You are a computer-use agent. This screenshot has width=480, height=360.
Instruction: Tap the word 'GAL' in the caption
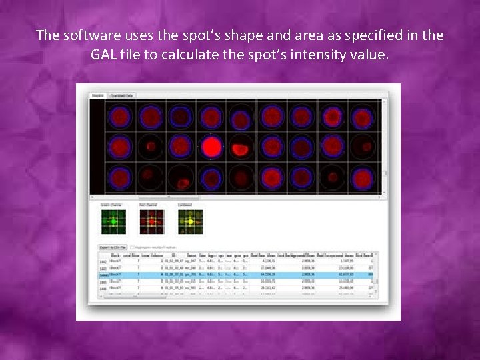point(108,55)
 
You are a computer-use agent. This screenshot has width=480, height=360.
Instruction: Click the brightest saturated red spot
point(212,147)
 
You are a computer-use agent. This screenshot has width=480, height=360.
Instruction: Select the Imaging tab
point(97,96)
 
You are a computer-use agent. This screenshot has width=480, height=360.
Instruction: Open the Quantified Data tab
point(122,96)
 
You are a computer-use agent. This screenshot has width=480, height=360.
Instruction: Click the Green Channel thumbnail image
point(113,222)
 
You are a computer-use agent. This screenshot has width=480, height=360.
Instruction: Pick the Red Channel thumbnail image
point(151,222)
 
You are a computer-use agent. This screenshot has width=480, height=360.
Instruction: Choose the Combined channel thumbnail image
point(190,222)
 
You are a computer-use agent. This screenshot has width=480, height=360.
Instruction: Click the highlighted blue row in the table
point(233,274)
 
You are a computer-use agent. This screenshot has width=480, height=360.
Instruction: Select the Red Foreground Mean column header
point(339,255)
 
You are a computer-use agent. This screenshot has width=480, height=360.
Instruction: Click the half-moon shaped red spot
point(243,148)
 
